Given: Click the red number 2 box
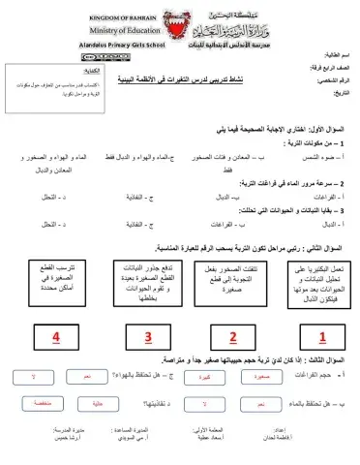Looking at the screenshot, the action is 232,337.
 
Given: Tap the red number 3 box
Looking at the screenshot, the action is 148,337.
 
